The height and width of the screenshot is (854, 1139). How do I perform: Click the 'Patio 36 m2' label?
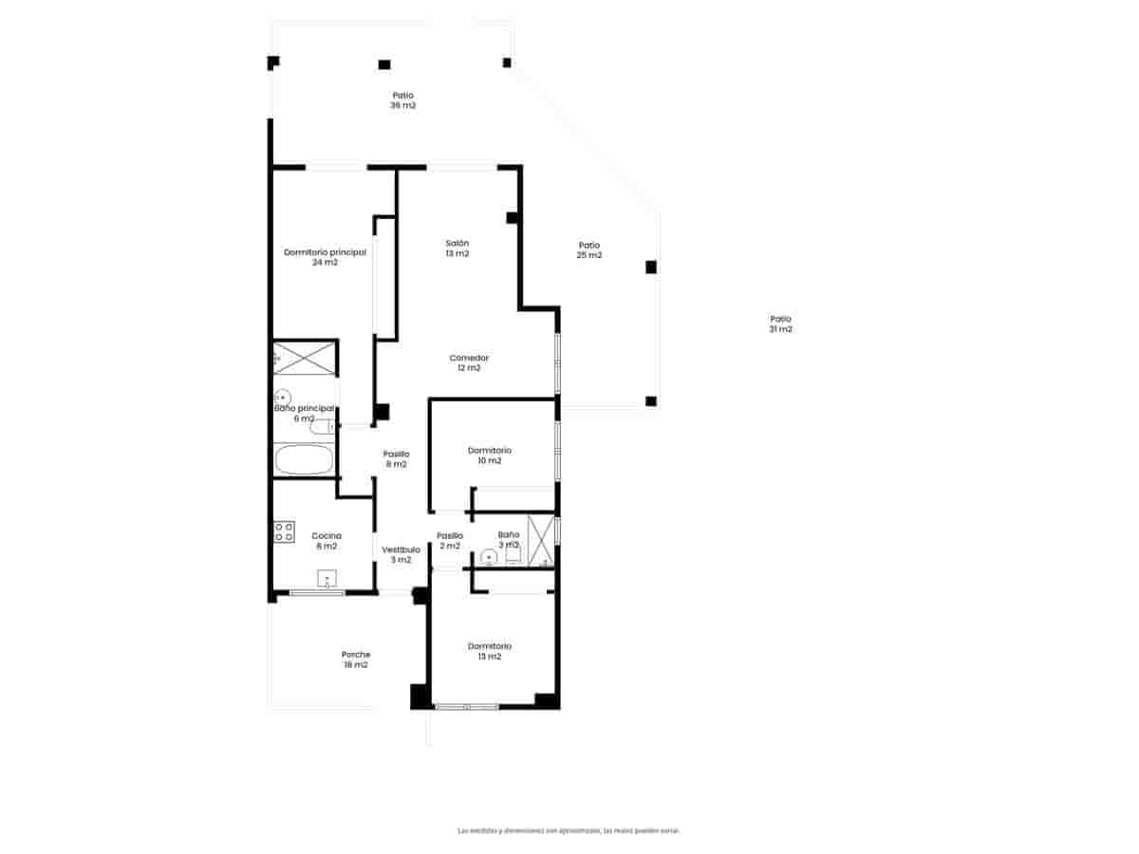point(402,101)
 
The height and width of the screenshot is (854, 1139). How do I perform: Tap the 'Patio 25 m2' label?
point(589,250)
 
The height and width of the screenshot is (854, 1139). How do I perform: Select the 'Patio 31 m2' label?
point(780,325)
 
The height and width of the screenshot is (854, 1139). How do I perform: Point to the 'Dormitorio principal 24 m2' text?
point(325,257)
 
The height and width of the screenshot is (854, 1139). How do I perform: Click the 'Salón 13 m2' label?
point(457,249)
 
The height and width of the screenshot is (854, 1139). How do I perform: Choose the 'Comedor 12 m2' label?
point(469,362)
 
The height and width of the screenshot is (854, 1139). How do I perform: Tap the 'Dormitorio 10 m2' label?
point(489,455)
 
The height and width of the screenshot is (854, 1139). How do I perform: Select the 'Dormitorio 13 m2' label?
point(489,651)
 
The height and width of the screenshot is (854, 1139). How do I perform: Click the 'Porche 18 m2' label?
point(356,659)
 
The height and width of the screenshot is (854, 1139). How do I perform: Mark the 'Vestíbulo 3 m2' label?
point(401,554)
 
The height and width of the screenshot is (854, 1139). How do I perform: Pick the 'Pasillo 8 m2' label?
point(395,459)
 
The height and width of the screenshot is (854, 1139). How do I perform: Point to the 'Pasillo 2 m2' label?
point(449,541)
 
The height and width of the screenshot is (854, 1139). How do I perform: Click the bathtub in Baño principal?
point(304,461)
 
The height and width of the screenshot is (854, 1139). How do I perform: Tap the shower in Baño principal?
point(305,357)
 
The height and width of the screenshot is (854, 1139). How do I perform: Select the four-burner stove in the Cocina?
point(284,532)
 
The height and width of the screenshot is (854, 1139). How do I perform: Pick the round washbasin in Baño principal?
point(282,397)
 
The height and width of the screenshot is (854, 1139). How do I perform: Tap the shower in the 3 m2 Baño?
point(540,541)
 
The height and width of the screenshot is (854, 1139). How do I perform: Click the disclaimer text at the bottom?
point(569,830)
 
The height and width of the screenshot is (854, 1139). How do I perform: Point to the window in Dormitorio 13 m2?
point(466,706)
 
